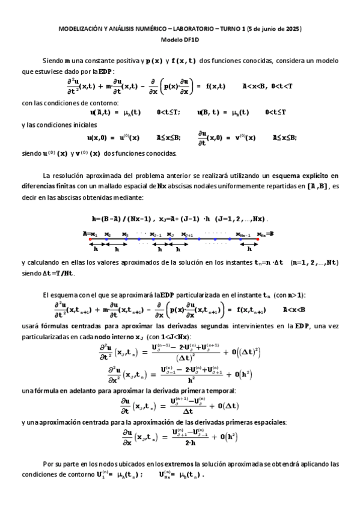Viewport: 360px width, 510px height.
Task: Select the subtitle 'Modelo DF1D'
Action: [x=180, y=40]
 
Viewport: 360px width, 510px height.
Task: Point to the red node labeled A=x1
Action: [x=90, y=239]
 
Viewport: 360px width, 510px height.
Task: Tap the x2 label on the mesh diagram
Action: [x=108, y=234]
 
